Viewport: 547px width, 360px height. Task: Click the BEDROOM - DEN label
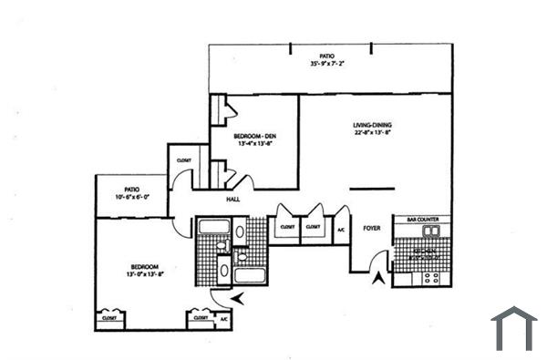click(x=253, y=135)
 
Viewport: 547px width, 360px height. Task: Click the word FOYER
click(x=372, y=228)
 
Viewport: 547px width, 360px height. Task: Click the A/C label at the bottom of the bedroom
click(x=223, y=320)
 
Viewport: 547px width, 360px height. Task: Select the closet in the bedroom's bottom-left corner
click(x=109, y=319)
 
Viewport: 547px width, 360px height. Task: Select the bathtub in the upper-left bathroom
click(x=213, y=227)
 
